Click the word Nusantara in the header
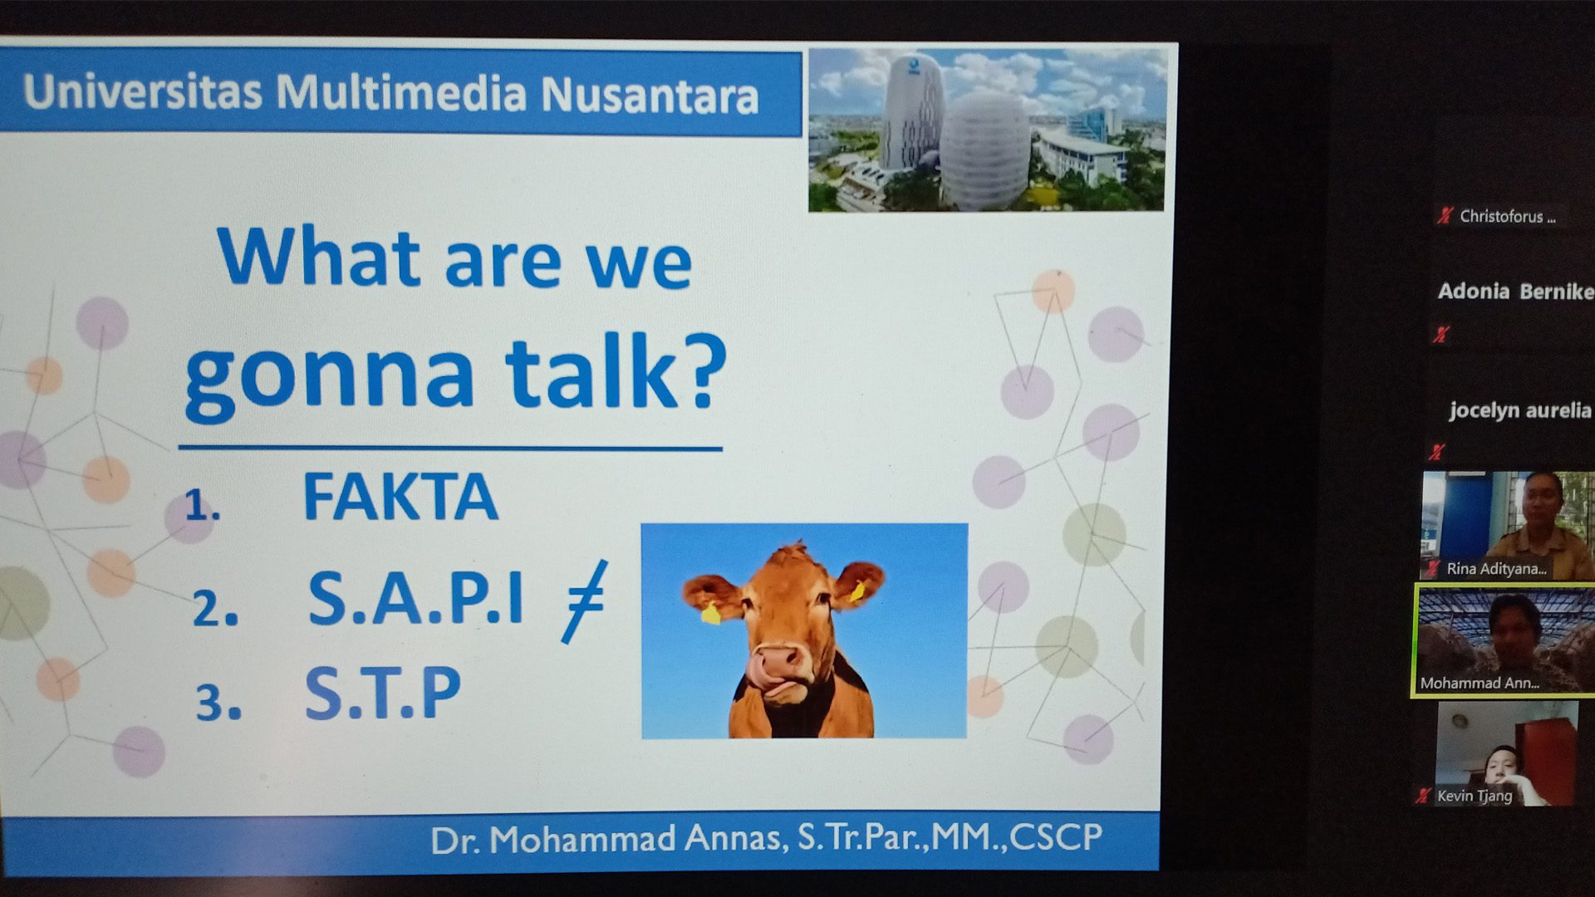(x=650, y=95)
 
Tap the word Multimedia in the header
(x=401, y=91)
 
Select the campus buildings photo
(x=987, y=129)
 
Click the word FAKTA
(x=400, y=497)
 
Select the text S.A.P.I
(x=415, y=596)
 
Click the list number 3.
(x=218, y=703)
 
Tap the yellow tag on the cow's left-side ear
(x=710, y=613)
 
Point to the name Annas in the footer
(x=734, y=839)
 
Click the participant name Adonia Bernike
(x=1515, y=292)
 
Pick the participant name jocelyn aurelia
(x=1519, y=410)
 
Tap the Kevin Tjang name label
(x=1475, y=796)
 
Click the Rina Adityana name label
(x=1496, y=569)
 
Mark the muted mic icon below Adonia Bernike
(x=1440, y=334)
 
